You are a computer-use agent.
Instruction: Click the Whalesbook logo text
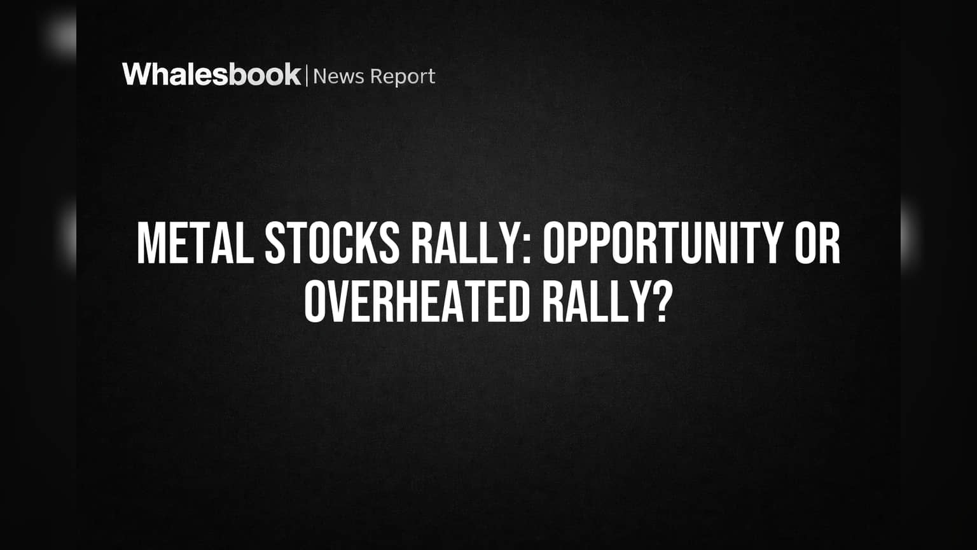[x=212, y=74]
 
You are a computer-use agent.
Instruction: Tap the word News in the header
[x=338, y=76]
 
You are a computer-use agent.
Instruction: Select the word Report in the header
[x=403, y=78]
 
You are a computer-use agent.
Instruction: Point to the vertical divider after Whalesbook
[x=307, y=76]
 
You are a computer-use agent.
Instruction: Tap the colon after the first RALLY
[x=527, y=250]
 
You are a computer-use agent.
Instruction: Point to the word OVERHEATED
[x=417, y=302]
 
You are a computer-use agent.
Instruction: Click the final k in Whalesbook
[x=292, y=74]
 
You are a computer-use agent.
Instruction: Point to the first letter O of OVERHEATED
[x=315, y=302]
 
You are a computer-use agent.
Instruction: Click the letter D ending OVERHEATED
[x=519, y=302]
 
